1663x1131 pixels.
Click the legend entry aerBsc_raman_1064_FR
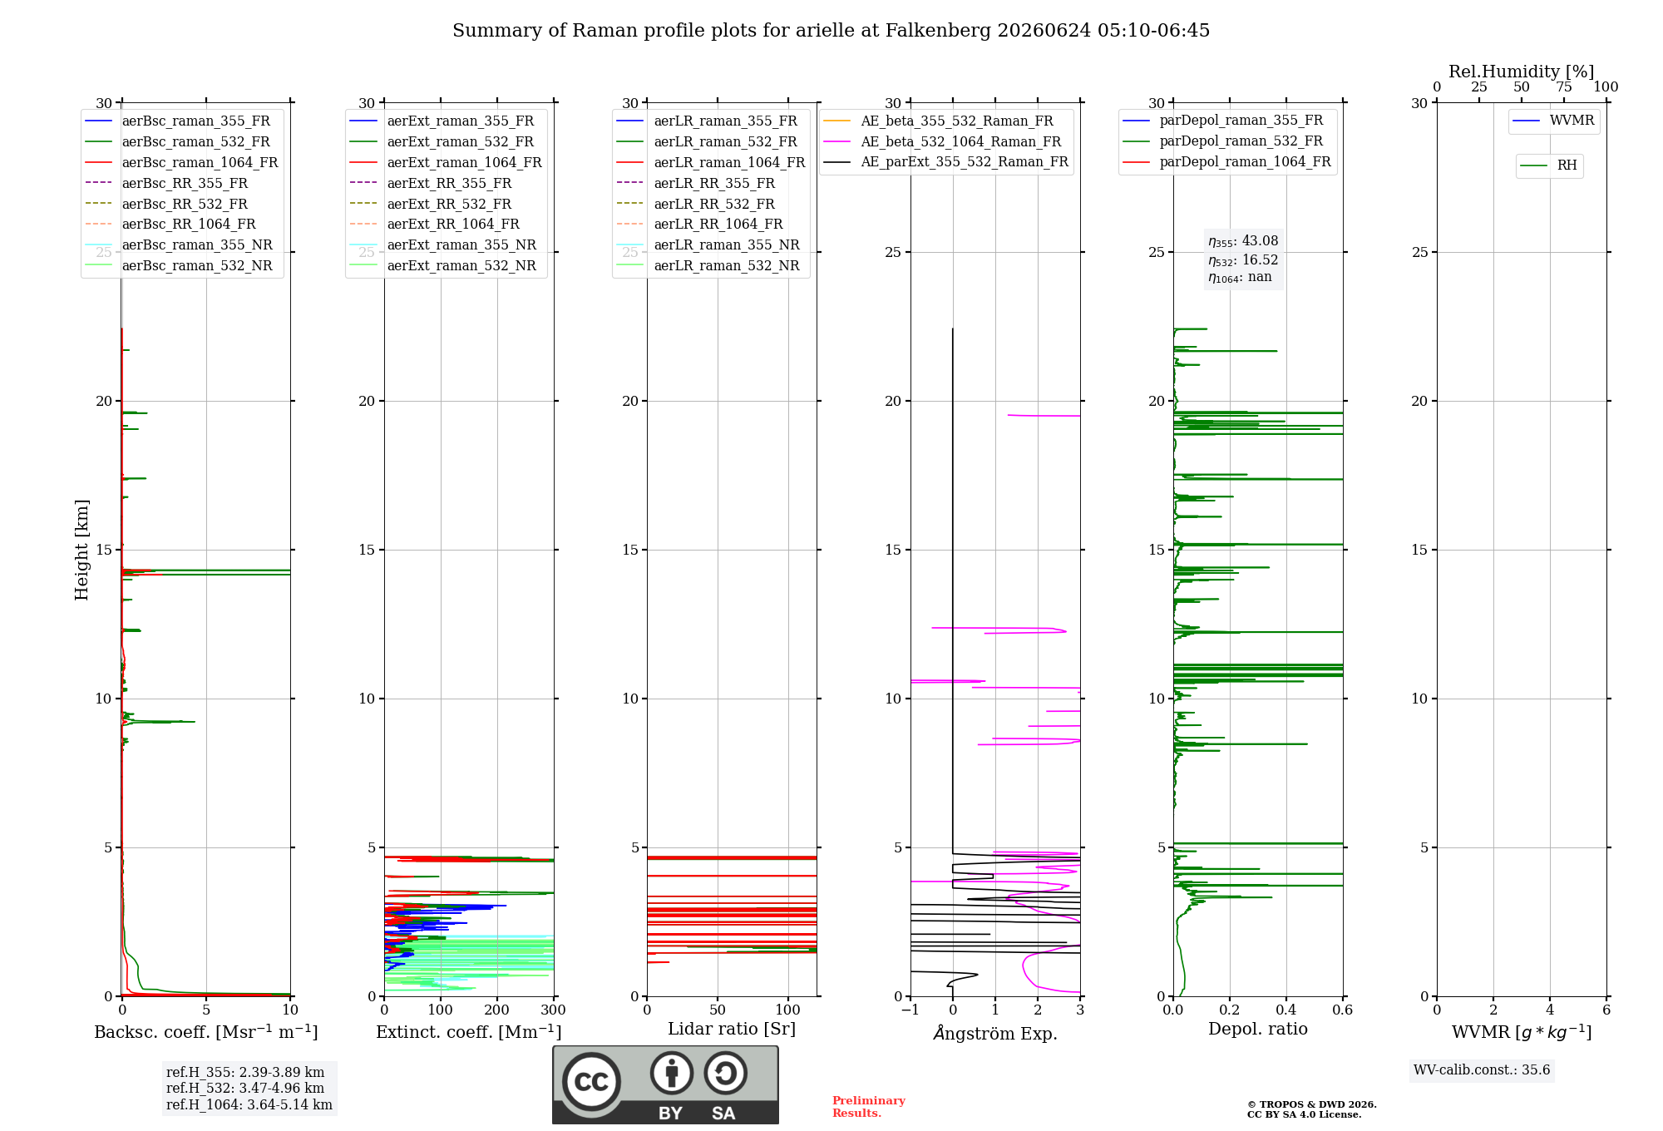point(181,163)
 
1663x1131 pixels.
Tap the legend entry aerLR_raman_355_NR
point(708,245)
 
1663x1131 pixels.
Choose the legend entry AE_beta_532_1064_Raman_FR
point(942,142)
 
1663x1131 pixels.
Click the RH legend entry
point(1549,165)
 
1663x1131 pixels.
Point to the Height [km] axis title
point(81,550)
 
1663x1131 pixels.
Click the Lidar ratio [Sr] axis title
point(732,1030)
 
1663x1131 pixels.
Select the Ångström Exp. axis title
point(995,1032)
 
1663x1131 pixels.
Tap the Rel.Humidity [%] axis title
point(1522,72)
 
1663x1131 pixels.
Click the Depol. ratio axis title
point(1258,1030)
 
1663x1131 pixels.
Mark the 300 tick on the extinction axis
point(554,1010)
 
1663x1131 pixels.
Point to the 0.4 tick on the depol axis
point(1286,1010)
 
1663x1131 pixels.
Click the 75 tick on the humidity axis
point(1564,87)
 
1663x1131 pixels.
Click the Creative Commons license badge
point(666,1085)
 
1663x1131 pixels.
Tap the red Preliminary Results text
point(869,1107)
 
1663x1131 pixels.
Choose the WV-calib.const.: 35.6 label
point(1482,1070)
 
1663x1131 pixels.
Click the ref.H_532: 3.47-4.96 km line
point(245,1089)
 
